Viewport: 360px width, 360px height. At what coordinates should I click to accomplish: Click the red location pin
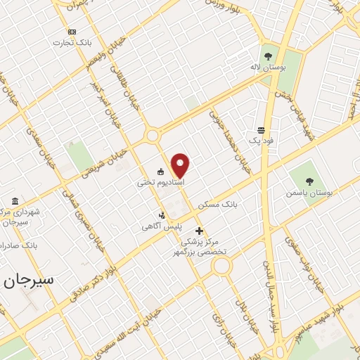[x=181, y=165]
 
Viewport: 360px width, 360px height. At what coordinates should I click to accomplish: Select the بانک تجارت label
[x=72, y=43]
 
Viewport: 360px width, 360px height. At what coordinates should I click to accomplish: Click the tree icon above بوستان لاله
[x=267, y=56]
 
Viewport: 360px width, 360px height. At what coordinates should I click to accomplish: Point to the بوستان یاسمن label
[x=308, y=192]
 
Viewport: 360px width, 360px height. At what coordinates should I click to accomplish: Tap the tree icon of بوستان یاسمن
[x=309, y=181]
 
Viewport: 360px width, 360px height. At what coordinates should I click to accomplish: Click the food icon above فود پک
[x=261, y=130]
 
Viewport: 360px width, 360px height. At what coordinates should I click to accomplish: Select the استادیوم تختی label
[x=161, y=182]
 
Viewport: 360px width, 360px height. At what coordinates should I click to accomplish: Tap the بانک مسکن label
[x=218, y=205]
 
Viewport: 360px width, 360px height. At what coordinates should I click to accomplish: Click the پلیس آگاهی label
[x=162, y=226]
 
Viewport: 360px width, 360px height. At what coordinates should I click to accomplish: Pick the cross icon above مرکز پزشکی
[x=199, y=231]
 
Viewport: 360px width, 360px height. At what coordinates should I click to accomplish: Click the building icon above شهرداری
[x=15, y=200]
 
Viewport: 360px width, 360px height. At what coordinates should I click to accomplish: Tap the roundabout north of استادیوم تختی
[x=152, y=136]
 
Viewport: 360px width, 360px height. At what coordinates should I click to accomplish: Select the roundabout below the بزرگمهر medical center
[x=222, y=266]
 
